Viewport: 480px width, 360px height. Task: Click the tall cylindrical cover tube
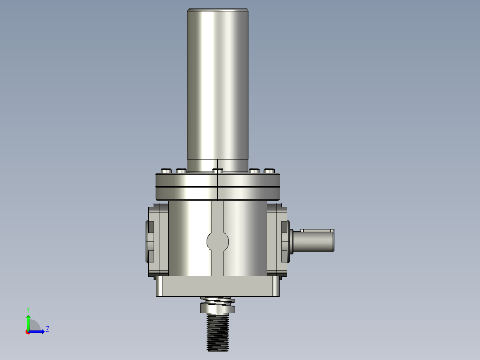(218, 89)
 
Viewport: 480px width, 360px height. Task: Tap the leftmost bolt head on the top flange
(166, 171)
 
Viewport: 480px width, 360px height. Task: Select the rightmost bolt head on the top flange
(269, 171)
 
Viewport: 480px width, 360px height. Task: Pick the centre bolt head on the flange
(218, 171)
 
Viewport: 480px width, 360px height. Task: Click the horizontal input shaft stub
(313, 241)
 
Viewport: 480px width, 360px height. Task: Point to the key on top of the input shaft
(317, 230)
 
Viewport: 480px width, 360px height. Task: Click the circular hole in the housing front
(218, 242)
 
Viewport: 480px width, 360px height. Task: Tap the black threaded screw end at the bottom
(218, 332)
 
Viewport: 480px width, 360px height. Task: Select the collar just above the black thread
(218, 308)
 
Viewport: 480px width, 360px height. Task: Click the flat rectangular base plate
(218, 286)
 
